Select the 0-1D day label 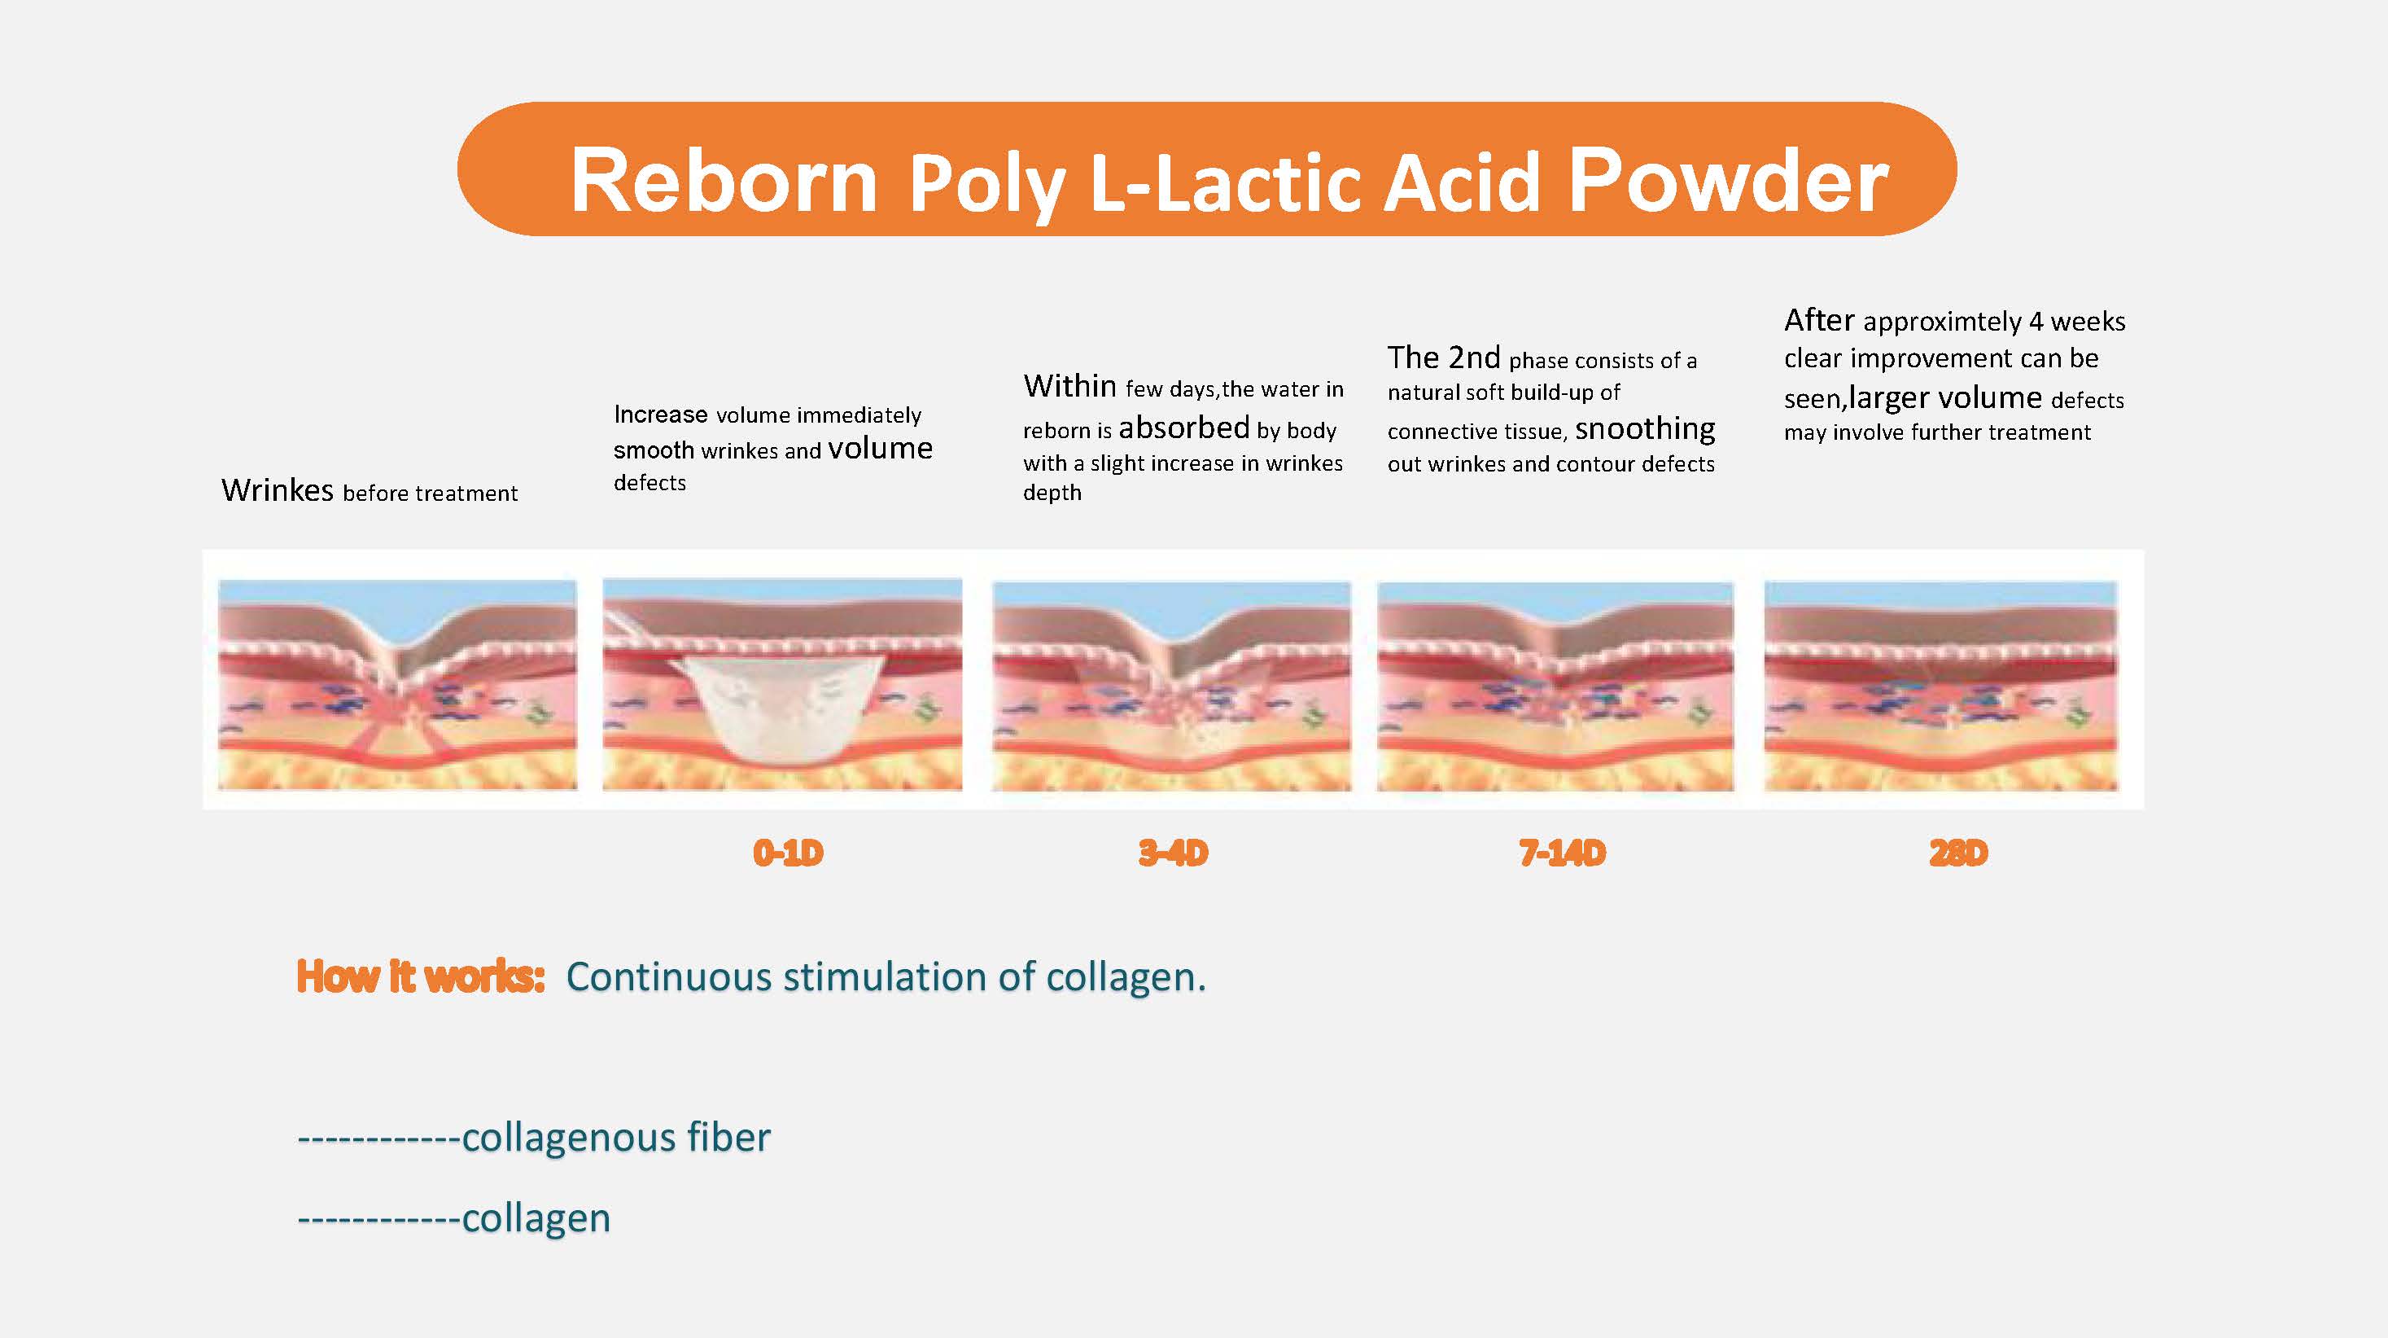(788, 852)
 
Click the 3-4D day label (1173, 852)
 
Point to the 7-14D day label (1562, 852)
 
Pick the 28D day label (1958, 852)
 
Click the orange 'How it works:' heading (420, 976)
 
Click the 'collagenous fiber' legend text (615, 1138)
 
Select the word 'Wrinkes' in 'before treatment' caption (278, 489)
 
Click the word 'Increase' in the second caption (660, 414)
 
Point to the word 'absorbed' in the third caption (1183, 428)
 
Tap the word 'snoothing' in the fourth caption (1645, 429)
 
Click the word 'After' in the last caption (1819, 320)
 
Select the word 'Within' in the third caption (1069, 386)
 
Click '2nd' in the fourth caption (1474, 357)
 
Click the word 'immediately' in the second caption (859, 415)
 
